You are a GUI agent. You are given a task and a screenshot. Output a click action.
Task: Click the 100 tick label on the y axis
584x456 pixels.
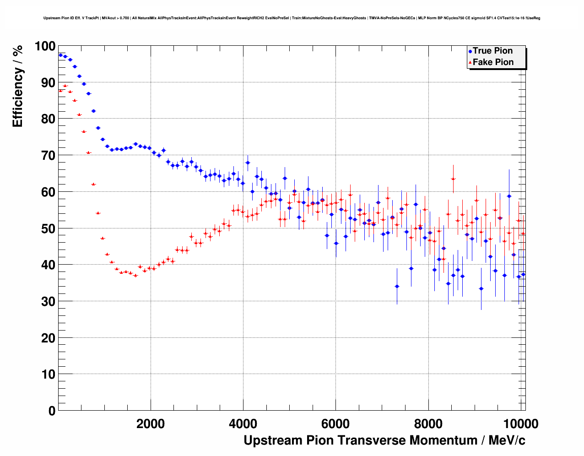click(x=45, y=46)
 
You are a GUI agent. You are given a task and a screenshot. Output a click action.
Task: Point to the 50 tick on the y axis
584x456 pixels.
click(x=48, y=228)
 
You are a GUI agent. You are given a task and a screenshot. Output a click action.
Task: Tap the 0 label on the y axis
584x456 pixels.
click(x=52, y=411)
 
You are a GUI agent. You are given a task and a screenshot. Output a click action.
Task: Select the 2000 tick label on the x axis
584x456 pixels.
click(x=151, y=423)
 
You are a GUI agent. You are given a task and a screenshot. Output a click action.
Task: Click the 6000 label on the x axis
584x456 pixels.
click(x=335, y=423)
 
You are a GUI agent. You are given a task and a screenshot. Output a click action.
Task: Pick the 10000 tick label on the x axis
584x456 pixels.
click(x=520, y=423)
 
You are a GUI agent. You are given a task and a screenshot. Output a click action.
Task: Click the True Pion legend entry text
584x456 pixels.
click(x=492, y=51)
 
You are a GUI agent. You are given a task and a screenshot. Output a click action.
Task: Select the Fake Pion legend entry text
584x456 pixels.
click(x=493, y=62)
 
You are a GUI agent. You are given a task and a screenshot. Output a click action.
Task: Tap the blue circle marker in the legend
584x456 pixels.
click(x=470, y=51)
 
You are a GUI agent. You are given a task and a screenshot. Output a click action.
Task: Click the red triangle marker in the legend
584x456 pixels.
click(x=470, y=63)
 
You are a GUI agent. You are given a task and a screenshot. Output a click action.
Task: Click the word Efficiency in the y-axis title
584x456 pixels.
click(x=17, y=98)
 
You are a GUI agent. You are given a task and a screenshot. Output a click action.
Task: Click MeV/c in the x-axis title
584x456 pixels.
click(x=507, y=440)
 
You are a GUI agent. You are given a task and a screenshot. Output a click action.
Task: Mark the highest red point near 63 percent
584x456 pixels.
click(x=453, y=179)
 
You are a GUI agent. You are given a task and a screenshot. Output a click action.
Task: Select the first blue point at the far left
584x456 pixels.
click(x=60, y=55)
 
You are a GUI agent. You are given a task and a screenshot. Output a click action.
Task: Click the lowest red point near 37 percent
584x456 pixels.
click(x=135, y=276)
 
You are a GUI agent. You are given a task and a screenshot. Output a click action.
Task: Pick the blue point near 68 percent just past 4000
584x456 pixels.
click(x=248, y=163)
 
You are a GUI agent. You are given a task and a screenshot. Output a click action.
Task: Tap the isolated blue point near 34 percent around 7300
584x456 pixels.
click(x=397, y=286)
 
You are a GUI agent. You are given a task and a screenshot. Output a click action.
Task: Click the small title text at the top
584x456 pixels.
click(x=292, y=18)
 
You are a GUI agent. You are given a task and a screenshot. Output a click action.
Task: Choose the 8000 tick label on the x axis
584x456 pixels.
click(x=428, y=423)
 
